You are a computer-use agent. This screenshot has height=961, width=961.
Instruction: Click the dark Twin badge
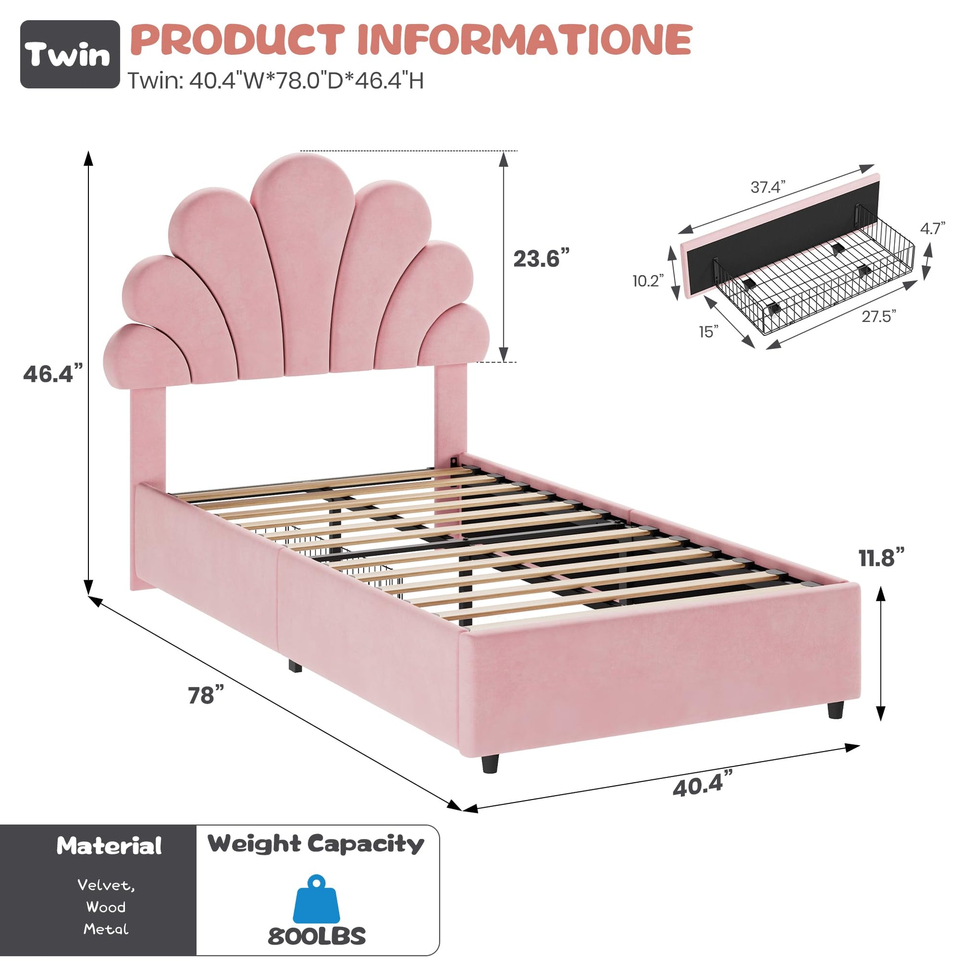click(70, 54)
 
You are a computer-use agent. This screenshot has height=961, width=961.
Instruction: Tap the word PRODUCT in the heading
click(239, 40)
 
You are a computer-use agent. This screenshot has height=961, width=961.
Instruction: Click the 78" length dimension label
click(206, 695)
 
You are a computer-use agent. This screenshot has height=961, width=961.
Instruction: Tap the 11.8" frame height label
click(881, 558)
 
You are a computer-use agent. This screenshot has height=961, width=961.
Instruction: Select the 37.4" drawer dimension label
click(768, 187)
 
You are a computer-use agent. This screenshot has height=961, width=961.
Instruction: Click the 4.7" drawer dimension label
click(933, 228)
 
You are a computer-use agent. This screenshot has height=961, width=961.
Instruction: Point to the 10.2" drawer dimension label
click(648, 281)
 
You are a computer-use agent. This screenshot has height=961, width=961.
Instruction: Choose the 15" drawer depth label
click(709, 331)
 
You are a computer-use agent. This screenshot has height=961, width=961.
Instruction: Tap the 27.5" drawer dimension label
click(879, 316)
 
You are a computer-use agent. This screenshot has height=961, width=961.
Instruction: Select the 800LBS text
click(317, 936)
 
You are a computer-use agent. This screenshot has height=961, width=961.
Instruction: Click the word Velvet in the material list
click(106, 885)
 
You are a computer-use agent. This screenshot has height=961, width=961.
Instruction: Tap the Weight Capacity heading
click(316, 844)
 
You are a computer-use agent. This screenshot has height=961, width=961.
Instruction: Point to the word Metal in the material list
click(106, 929)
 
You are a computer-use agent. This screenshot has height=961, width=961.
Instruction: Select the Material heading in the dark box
click(110, 845)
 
